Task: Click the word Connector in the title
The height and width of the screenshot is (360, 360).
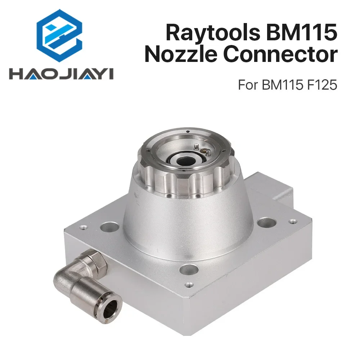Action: click(281, 55)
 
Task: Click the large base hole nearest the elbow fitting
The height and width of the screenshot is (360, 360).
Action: click(109, 227)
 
